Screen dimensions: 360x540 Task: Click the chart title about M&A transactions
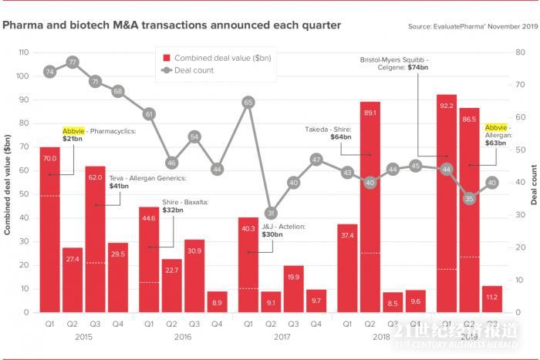click(171, 25)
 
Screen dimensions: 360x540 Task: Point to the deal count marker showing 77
click(73, 62)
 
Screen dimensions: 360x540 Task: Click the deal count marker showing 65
click(248, 102)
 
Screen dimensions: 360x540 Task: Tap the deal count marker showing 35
click(469, 199)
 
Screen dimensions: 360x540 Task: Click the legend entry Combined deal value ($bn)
click(216, 58)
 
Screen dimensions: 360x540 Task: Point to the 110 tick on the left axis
click(23, 52)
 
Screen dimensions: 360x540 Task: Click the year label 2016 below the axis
click(183, 338)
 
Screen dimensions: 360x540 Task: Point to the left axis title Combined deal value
click(8, 183)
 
